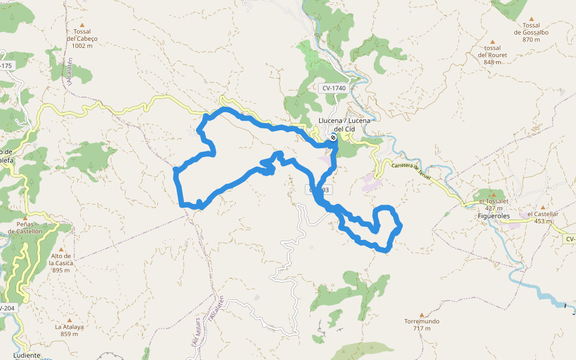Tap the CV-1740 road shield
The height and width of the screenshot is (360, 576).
334,88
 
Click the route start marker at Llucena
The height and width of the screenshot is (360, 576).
334,138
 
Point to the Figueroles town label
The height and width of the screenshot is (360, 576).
493,215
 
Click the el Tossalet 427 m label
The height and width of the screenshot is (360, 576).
493,205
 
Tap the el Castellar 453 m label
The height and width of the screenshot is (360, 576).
542,217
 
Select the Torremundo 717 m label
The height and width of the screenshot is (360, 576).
421,325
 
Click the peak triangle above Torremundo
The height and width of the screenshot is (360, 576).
421,314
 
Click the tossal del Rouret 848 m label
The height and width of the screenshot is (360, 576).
492,55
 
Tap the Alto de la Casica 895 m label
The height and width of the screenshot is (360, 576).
64,262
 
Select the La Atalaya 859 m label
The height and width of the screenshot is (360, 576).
69,330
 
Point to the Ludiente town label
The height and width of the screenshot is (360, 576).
26,355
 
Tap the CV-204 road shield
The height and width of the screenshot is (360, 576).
6,308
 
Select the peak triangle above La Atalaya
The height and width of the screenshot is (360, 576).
69,320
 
